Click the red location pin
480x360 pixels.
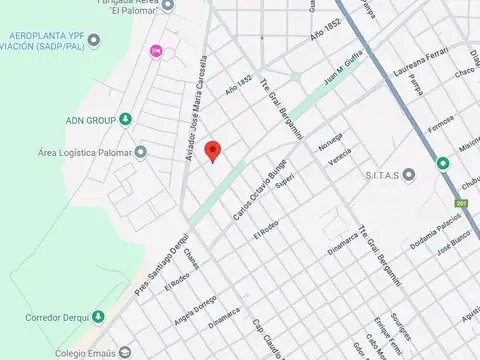coord(212,151)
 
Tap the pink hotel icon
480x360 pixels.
coord(155,51)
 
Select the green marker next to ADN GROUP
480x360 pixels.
coord(125,120)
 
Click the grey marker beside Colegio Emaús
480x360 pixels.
coord(124,352)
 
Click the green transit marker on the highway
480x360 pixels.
coord(442,163)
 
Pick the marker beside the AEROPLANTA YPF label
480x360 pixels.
coord(94,40)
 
